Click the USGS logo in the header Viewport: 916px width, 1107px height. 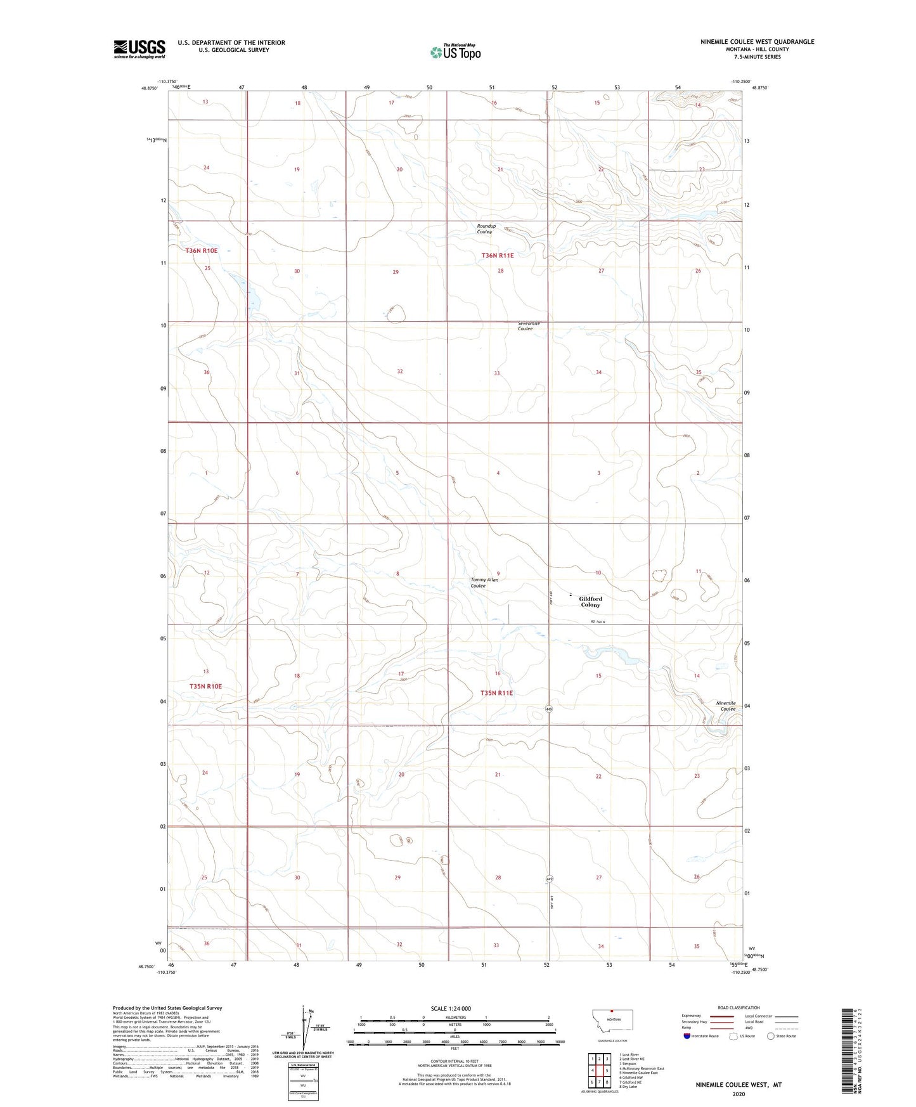[139, 49]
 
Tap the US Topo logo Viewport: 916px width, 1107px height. [455, 52]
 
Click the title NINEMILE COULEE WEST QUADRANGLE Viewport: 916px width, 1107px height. [757, 42]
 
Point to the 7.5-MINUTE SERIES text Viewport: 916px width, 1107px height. [757, 57]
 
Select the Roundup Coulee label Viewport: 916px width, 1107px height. [486, 229]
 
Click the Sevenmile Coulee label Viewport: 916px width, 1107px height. [528, 327]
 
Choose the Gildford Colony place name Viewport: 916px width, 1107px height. [590, 602]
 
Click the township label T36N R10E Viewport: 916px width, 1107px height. [202, 251]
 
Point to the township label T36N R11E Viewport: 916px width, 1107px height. [498, 256]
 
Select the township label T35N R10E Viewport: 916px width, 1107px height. [205, 687]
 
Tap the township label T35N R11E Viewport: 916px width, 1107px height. [496, 693]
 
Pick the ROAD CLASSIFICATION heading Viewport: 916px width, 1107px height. [739, 1007]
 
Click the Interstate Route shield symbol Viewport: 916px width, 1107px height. [687, 1036]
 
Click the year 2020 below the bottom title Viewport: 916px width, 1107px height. [739, 1094]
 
